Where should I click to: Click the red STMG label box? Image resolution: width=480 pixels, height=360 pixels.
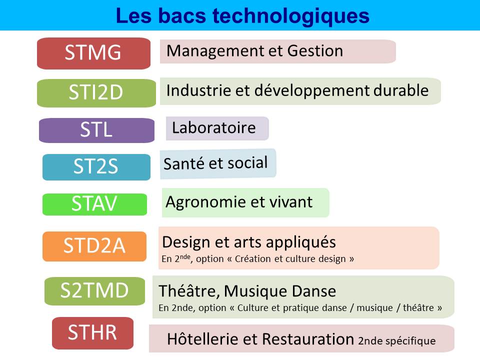pyautogui.click(x=93, y=53)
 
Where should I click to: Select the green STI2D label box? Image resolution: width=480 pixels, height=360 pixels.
pyautogui.click(x=96, y=93)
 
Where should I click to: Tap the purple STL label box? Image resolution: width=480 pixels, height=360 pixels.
pyautogui.click(x=96, y=130)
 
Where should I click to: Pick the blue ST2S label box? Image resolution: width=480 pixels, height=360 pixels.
pyautogui.click(x=96, y=167)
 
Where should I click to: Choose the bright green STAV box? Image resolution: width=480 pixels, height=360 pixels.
pyautogui.click(x=94, y=204)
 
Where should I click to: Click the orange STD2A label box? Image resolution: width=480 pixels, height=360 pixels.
pyautogui.click(x=94, y=246)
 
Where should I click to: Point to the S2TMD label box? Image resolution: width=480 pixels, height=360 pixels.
pyautogui.click(x=94, y=291)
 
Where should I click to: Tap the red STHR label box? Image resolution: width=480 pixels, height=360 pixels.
pyautogui.click(x=93, y=333)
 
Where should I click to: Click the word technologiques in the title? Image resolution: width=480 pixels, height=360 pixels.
pyautogui.click(x=291, y=16)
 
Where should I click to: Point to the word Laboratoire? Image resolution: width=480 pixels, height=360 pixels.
pyautogui.click(x=213, y=127)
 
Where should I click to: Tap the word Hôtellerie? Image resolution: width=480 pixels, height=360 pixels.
pyautogui.click(x=203, y=339)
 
